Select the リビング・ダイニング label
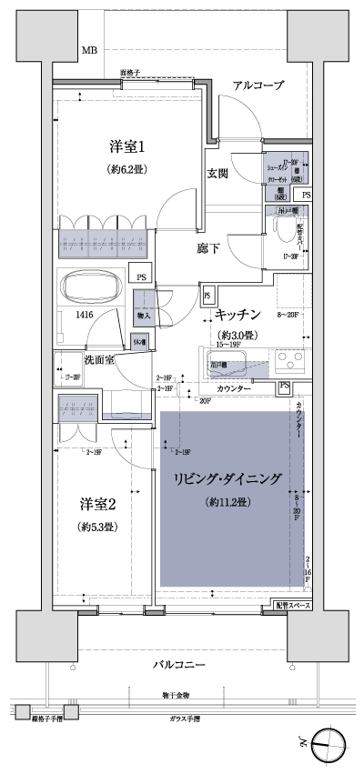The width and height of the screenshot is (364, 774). pos(228,477)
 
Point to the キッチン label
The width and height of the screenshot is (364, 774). pos(240,314)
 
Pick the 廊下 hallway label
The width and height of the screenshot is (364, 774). pos(208,247)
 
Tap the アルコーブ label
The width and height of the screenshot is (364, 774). pos(258,85)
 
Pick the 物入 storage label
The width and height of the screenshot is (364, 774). pos(144,316)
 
